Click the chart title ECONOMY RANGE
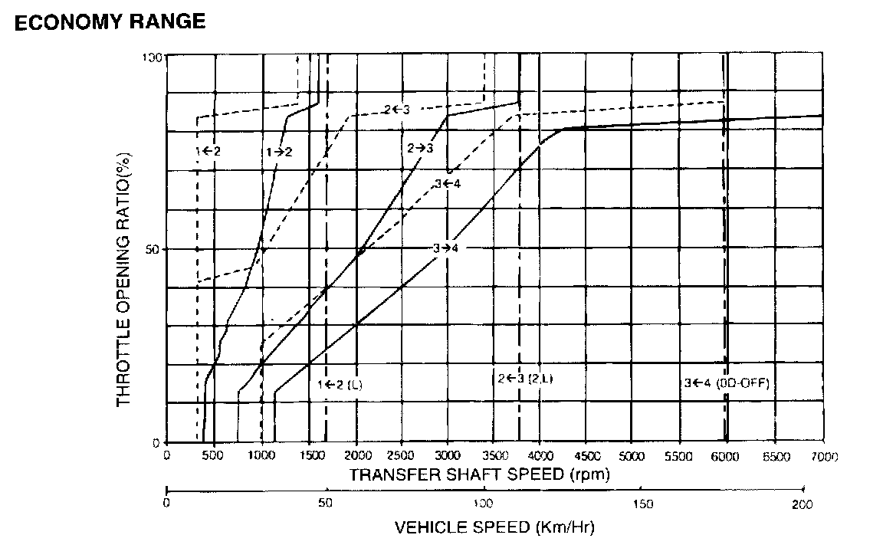coord(110,21)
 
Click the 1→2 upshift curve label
coord(279,152)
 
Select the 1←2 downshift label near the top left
coord(208,151)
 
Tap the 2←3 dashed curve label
coord(397,110)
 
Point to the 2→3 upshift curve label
coord(420,147)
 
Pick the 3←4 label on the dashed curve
coord(447,183)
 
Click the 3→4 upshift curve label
coord(445,248)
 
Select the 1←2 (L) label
coord(340,384)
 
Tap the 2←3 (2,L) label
coord(525,378)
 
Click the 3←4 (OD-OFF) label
coord(726,383)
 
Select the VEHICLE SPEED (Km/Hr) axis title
coord(494,527)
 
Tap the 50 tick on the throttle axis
coord(153,250)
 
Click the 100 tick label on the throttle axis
coord(153,57)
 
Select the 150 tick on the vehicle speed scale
coord(644,504)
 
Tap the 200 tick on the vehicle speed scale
coord(803,504)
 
